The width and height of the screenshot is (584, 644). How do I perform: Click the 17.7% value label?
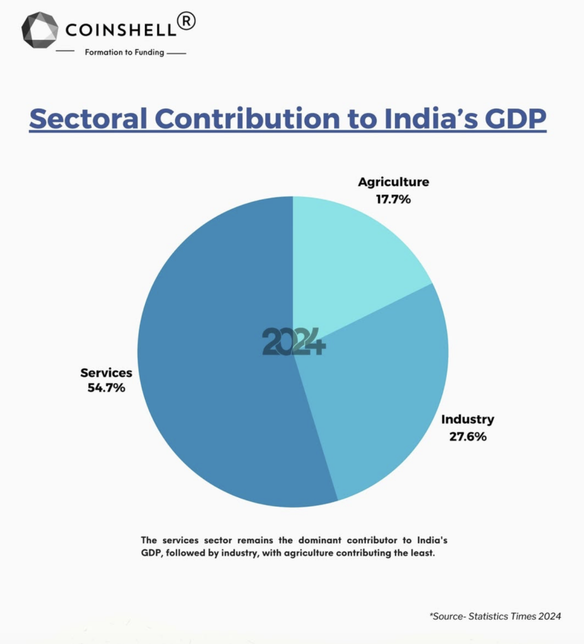point(393,199)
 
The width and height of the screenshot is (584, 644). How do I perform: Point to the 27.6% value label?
point(467,436)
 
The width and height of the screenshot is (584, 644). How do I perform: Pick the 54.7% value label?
point(106,388)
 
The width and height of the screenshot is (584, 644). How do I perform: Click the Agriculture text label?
point(393,182)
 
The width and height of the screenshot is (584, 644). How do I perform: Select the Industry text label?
point(467,419)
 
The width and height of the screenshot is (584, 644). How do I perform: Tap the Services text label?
point(106,372)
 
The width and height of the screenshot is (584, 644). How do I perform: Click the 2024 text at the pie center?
point(294,342)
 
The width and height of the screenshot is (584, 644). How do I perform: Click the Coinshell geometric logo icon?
point(40,30)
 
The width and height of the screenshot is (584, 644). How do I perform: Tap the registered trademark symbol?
point(187,21)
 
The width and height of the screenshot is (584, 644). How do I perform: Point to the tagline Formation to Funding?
point(125,52)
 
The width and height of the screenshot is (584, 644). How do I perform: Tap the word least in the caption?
point(423,553)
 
